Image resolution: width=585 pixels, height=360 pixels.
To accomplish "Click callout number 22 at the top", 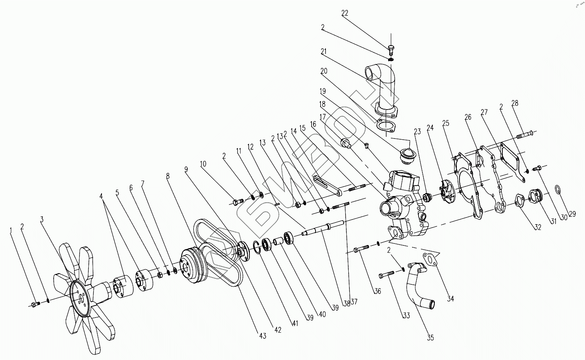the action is tap(345, 13).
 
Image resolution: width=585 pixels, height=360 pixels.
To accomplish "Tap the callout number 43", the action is tap(263, 336).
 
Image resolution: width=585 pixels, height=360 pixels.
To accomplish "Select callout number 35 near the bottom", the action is tap(431, 338).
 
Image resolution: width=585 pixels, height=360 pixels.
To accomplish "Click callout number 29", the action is tap(572, 214).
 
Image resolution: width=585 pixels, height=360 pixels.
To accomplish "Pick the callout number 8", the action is tap(168, 176).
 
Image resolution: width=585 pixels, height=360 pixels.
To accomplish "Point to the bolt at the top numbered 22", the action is tap(391, 49).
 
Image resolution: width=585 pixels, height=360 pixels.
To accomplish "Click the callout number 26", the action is tap(468, 117).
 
